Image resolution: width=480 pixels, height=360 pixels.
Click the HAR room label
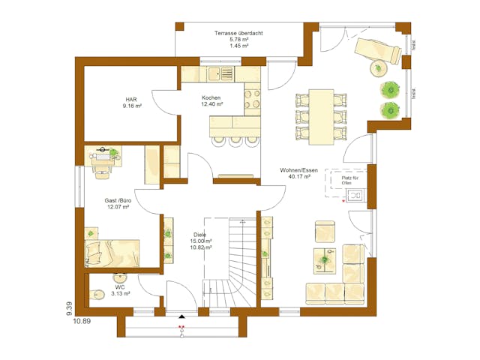click(x=132, y=103)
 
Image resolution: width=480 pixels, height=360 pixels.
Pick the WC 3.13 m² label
click(x=120, y=290)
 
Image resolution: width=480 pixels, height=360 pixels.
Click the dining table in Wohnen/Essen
click(x=322, y=116)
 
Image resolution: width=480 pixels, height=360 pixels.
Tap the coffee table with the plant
click(x=325, y=259)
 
